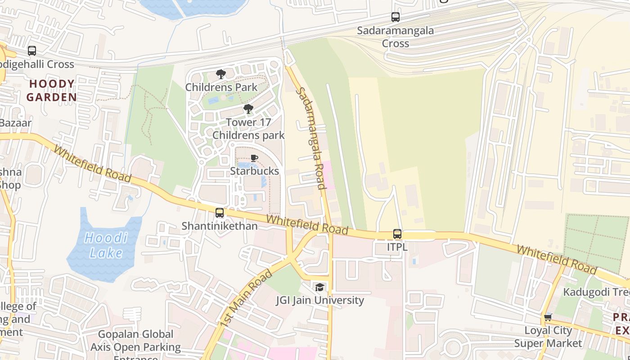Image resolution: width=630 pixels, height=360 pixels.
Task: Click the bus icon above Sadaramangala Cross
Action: (395, 17)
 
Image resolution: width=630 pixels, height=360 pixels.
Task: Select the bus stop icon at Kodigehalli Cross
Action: (31, 51)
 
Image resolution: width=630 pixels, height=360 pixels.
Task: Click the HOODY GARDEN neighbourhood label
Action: (51, 90)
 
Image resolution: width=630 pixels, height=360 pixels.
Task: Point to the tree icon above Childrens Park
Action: (220, 74)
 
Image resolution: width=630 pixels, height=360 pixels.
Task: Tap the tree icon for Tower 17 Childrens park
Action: (248, 109)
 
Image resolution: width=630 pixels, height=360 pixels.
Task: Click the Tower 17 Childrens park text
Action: (248, 129)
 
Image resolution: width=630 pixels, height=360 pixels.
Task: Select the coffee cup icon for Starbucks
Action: (254, 158)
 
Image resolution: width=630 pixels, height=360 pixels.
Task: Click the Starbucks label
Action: (254, 171)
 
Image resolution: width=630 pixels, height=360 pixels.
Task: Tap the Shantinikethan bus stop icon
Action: (220, 213)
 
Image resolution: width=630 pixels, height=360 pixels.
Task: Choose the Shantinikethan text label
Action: (220, 226)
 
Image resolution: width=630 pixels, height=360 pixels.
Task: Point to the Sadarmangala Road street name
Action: (310, 138)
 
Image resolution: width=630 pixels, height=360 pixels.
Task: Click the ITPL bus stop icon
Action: (397, 234)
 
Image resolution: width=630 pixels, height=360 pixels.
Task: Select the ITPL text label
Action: (397, 247)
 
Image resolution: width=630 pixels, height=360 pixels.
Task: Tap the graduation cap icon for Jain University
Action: (319, 287)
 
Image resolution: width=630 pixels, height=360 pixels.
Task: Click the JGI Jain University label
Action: (319, 300)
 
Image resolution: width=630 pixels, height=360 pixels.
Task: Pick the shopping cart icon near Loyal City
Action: (548, 318)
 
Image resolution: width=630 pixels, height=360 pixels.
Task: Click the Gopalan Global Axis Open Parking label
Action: (135, 341)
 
